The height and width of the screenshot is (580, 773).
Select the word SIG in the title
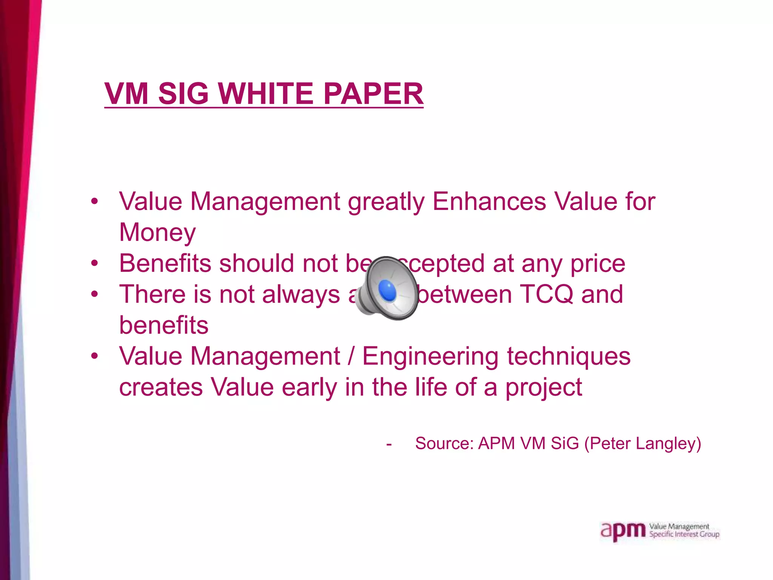(183, 94)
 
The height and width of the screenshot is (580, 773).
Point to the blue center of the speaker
(387, 291)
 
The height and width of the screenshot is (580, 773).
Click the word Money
(157, 232)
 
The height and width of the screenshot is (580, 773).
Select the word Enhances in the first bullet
(489, 201)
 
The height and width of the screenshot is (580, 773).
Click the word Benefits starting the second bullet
(165, 263)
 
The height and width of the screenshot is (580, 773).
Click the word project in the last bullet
(544, 388)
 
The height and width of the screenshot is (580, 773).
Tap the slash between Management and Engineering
(351, 357)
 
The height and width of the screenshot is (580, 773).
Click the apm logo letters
(623, 531)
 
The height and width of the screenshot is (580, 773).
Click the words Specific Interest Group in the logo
(684, 534)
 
